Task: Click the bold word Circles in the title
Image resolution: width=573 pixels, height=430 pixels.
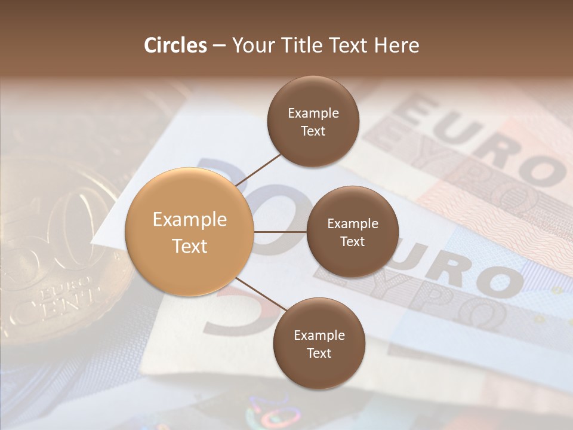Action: (175, 45)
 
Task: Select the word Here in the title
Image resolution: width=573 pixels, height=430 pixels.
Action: (397, 45)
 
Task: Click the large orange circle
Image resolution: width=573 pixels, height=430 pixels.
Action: (189, 232)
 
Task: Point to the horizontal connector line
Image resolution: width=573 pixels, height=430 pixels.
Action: (280, 232)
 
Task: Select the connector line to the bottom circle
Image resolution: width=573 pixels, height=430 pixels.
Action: (261, 294)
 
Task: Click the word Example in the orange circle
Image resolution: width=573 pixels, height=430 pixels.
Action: (189, 220)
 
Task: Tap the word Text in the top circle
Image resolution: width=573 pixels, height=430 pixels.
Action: (313, 131)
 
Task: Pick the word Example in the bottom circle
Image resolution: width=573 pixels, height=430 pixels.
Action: (319, 336)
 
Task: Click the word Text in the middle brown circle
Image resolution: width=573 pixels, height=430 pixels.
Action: (353, 241)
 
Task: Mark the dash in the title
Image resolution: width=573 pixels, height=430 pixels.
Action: (219, 45)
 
